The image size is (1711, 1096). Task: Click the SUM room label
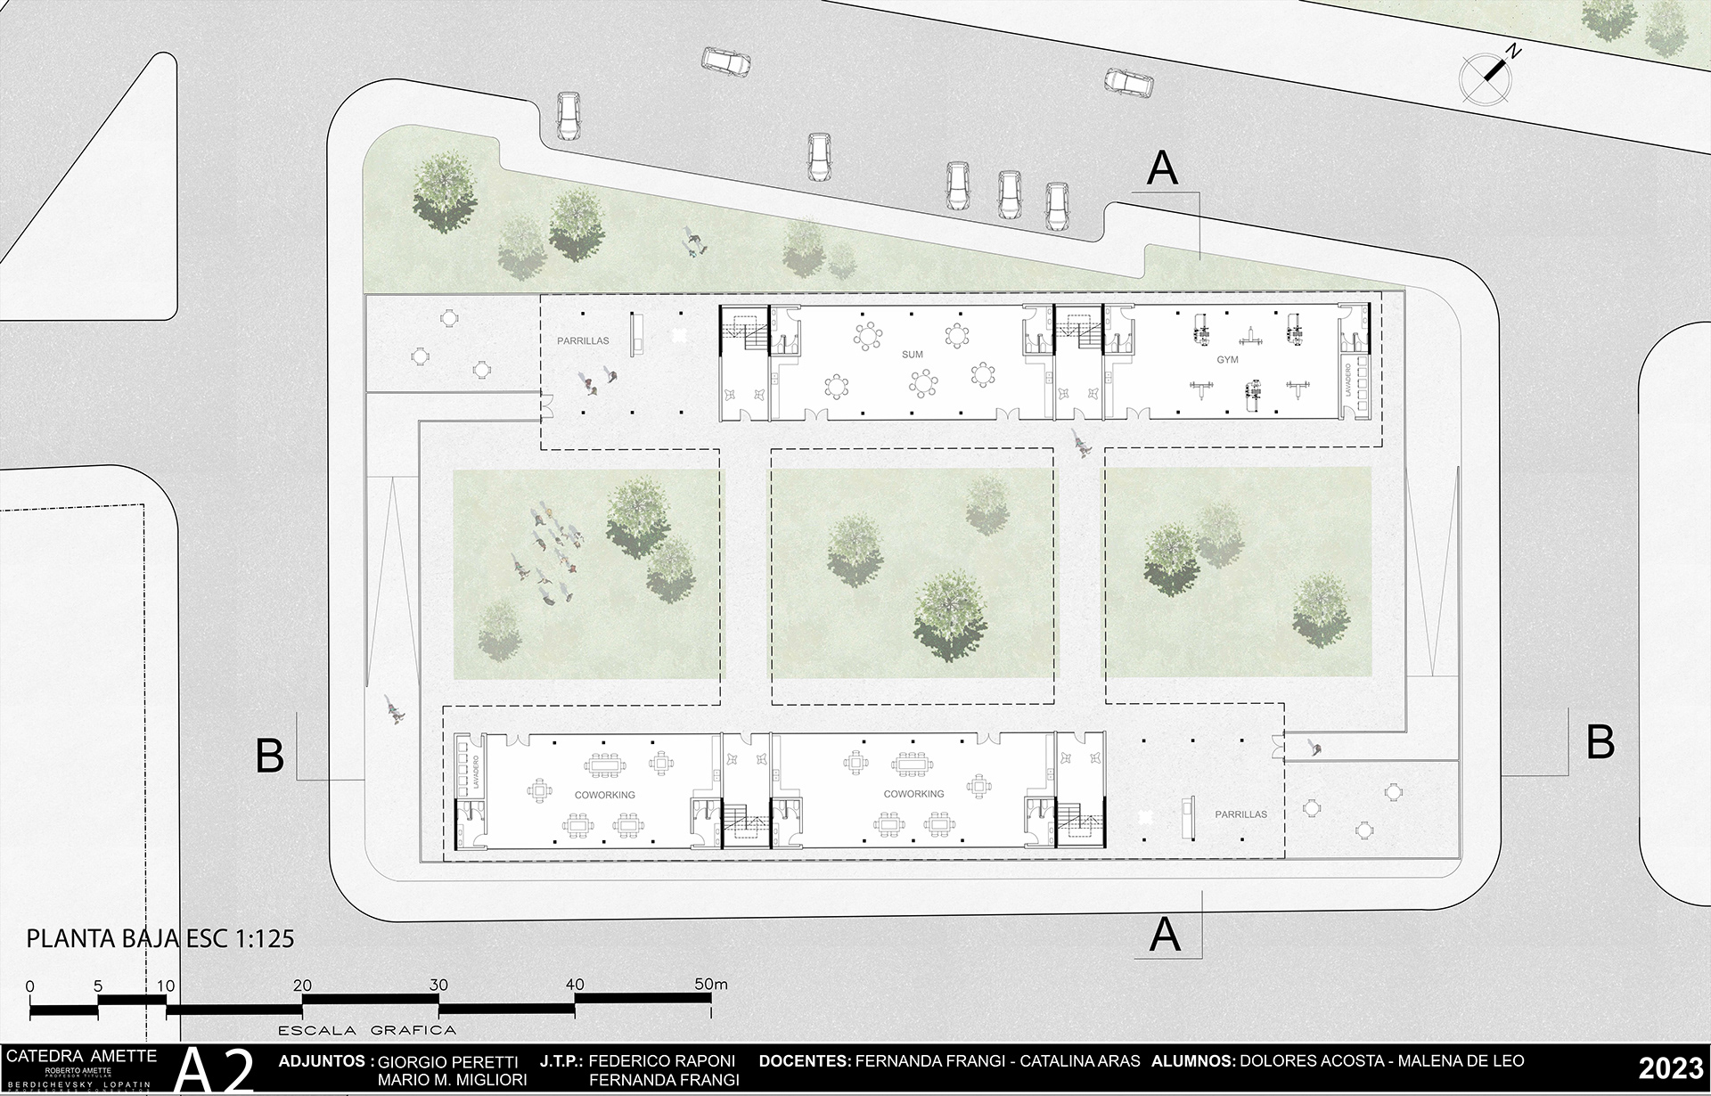point(912,355)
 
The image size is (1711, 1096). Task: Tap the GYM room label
point(1227,359)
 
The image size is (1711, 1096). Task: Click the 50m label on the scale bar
point(711,985)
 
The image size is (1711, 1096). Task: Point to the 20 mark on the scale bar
point(303,985)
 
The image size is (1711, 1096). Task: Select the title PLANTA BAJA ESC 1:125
point(160,939)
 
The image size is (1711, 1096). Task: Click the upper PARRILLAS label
point(584,340)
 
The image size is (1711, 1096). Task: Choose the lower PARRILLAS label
point(1240,814)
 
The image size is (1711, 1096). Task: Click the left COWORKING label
point(604,794)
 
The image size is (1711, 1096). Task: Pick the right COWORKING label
point(913,793)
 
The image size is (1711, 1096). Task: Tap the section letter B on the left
point(270,756)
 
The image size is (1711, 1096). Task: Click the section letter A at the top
point(1162,168)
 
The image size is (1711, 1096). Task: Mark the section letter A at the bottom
point(1166,936)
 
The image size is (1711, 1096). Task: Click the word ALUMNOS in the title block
point(1191,1061)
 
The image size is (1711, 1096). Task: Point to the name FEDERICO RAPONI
point(662,1061)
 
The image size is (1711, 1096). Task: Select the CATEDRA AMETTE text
point(81,1056)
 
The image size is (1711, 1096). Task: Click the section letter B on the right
point(1600,741)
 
